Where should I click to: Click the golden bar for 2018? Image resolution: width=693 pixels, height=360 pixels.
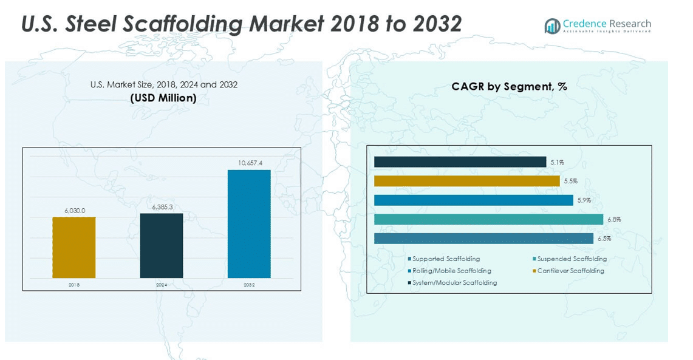[x=74, y=247]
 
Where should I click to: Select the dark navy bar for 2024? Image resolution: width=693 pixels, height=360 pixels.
[x=162, y=245]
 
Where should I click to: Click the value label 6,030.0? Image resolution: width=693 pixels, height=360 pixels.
[x=75, y=211]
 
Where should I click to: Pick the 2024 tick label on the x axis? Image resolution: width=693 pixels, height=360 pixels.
[x=162, y=284]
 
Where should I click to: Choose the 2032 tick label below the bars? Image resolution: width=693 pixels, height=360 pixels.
[x=249, y=284]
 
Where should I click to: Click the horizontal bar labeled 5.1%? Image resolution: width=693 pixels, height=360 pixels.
[x=460, y=162]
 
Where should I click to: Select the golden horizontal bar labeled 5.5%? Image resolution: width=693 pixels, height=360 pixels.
[x=466, y=181]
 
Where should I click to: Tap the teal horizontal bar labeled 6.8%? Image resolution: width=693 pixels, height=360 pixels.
[x=488, y=219]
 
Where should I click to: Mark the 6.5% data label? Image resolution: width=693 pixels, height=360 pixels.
[x=604, y=239]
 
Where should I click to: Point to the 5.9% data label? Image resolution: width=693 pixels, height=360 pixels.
[x=584, y=200]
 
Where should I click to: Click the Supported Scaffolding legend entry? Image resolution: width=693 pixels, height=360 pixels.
[x=446, y=259]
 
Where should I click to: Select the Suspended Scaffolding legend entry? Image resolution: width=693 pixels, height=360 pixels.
[x=572, y=259]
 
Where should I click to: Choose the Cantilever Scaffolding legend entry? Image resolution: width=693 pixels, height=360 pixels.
[x=570, y=271]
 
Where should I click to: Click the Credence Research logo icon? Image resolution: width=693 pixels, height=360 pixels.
[x=552, y=25]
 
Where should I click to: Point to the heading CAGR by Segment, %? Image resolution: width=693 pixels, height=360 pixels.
[x=509, y=86]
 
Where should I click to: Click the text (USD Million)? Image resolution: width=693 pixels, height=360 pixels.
[x=163, y=98]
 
